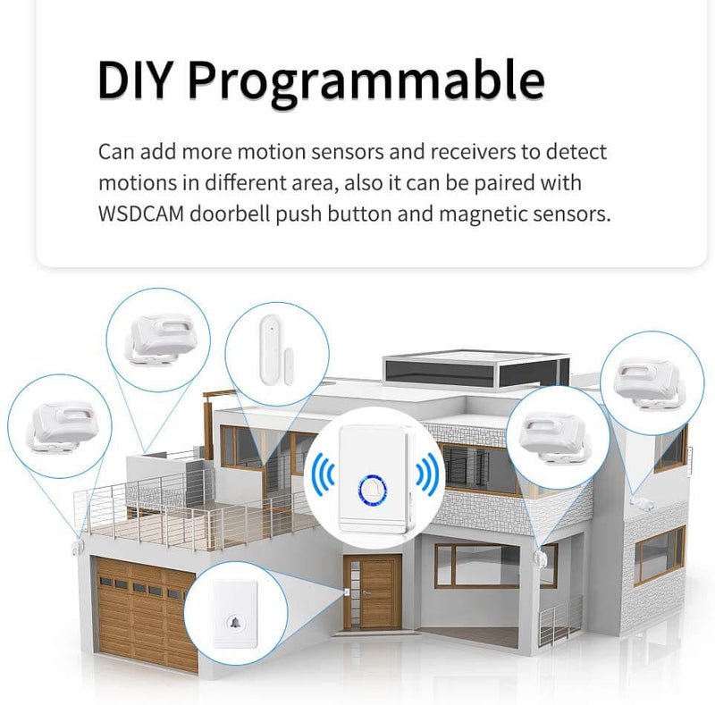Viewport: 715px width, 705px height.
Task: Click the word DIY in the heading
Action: click(134, 80)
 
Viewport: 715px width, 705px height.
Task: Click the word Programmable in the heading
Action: click(366, 83)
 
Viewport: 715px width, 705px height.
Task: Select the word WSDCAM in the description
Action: click(141, 214)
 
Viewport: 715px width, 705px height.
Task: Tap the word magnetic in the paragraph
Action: click(483, 214)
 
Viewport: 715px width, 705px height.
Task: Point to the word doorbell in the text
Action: click(231, 214)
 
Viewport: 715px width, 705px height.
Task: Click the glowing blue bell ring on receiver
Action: click(373, 491)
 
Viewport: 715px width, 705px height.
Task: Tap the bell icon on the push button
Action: click(236, 623)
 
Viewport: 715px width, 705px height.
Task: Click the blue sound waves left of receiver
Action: click(323, 475)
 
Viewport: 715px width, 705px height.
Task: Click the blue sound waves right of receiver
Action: click(427, 474)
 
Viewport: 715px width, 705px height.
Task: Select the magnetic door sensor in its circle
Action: click(275, 350)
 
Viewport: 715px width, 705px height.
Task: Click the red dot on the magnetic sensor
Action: click(272, 328)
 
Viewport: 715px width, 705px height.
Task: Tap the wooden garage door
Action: click(144, 613)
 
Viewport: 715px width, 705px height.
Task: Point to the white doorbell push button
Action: click(236, 613)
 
